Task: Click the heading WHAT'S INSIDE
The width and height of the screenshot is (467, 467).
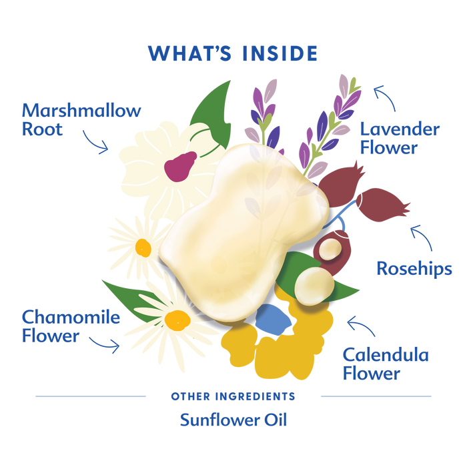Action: click(233, 53)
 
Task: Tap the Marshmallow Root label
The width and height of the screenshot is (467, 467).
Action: click(81, 119)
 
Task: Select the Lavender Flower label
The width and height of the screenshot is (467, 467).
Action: click(400, 138)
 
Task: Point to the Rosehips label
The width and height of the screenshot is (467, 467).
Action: click(414, 269)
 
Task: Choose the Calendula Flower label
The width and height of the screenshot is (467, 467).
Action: click(386, 364)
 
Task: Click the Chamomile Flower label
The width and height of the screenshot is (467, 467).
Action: click(71, 326)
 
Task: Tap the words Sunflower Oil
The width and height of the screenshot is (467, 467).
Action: click(233, 420)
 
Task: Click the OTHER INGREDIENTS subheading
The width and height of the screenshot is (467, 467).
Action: click(233, 396)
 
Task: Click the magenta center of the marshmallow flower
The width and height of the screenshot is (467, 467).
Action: click(180, 166)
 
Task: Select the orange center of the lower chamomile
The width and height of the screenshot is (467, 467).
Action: click(177, 320)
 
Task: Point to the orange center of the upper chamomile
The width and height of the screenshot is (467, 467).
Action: click(143, 248)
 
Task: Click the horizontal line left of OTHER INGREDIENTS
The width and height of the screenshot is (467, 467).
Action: click(91, 396)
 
